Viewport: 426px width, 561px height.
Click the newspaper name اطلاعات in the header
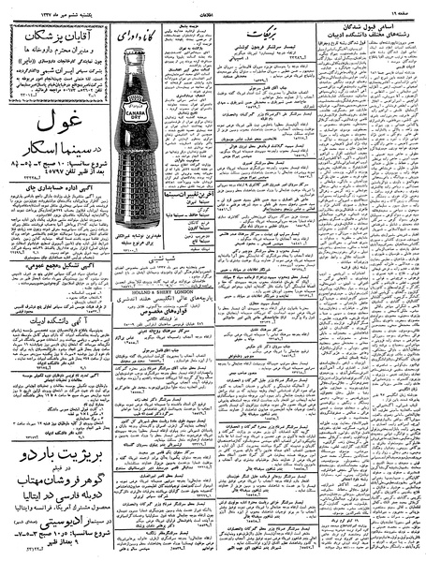pyautogui.click(x=213, y=11)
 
